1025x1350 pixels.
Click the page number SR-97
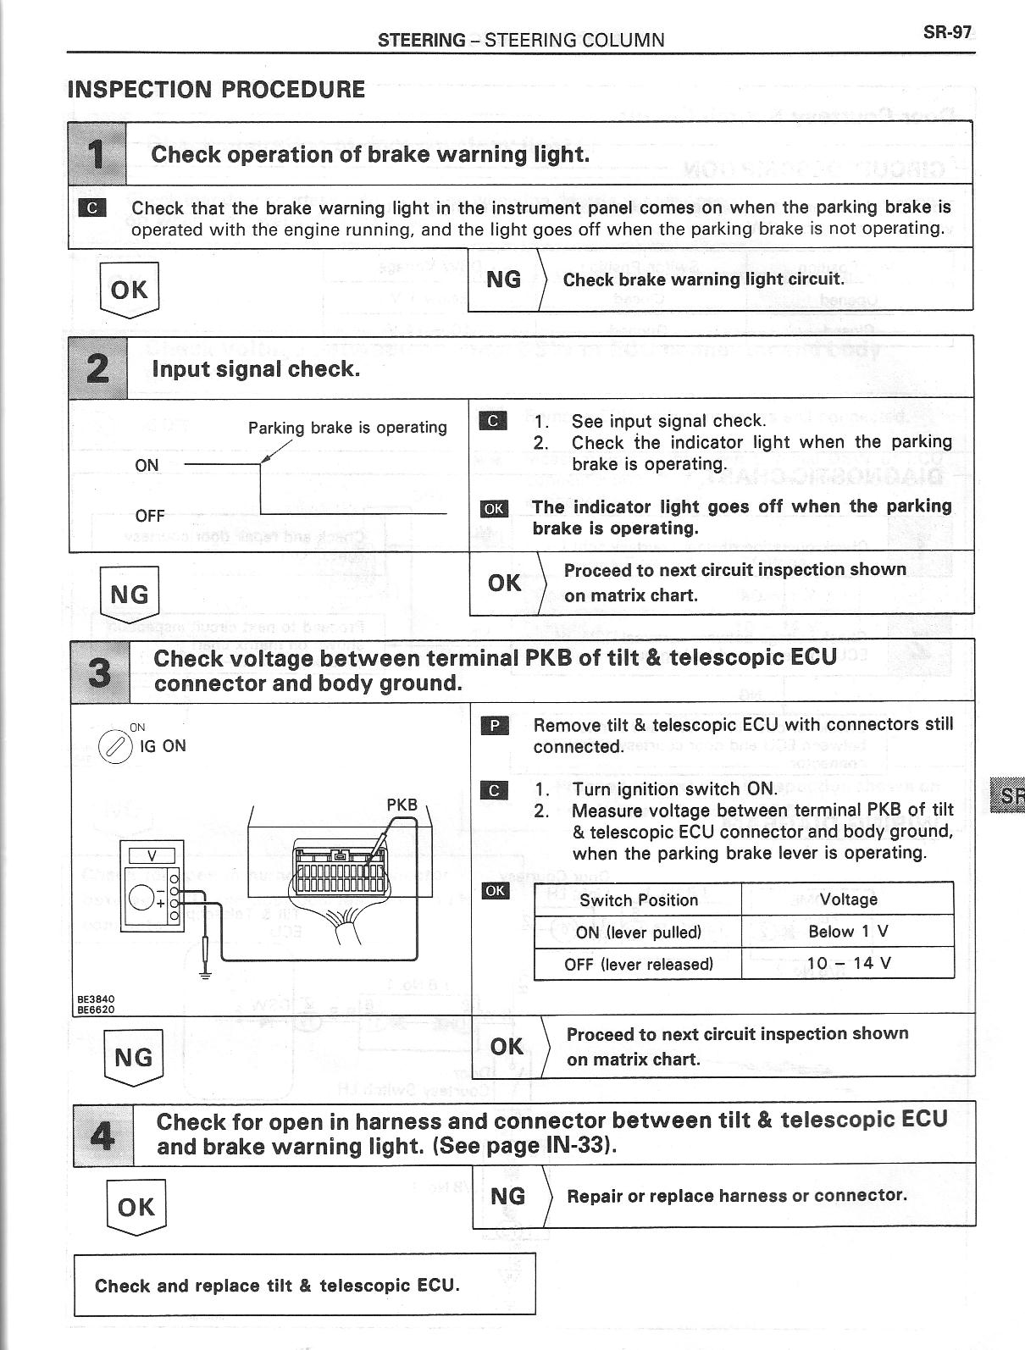[x=947, y=33]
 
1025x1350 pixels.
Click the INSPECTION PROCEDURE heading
[x=216, y=90]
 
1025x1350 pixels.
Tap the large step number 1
[x=97, y=154]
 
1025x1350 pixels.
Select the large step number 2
[x=98, y=368]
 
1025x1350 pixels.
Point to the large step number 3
[x=100, y=672]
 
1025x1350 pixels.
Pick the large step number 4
[x=102, y=1135]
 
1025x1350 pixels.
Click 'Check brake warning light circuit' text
[x=703, y=279]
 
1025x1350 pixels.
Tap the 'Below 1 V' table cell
[x=848, y=932]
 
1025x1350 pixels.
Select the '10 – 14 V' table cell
[x=848, y=963]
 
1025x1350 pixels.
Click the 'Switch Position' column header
[x=639, y=899]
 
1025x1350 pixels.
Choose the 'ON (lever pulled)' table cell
[x=639, y=932]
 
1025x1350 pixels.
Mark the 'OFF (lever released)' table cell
[x=639, y=964]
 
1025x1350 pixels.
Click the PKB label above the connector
[x=402, y=805]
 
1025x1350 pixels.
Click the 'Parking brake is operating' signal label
[x=347, y=428]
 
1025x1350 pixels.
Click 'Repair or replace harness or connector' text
[x=736, y=1196]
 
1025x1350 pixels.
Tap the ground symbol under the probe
[x=204, y=973]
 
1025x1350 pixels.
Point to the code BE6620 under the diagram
[x=96, y=1009]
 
